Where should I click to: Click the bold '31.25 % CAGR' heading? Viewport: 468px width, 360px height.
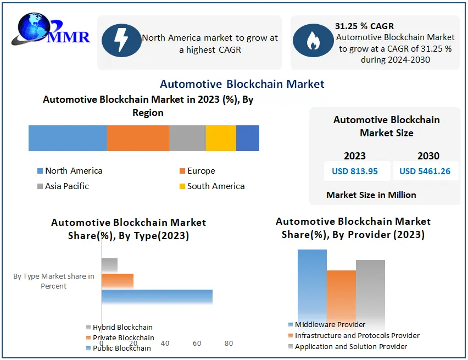pyautogui.click(x=364, y=26)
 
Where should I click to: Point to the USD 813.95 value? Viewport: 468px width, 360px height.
pyautogui.click(x=355, y=171)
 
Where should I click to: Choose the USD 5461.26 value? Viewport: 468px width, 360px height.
pyautogui.click(x=425, y=171)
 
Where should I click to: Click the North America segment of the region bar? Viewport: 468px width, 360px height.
pyautogui.click(x=68, y=138)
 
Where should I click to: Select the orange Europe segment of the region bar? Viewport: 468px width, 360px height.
pyautogui.click(x=138, y=138)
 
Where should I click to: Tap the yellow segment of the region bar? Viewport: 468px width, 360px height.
pyautogui.click(x=221, y=138)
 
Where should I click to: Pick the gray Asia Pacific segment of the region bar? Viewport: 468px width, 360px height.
pyautogui.click(x=187, y=138)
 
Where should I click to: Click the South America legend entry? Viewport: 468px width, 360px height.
pyautogui.click(x=215, y=186)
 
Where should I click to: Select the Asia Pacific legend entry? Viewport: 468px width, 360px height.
pyautogui.click(x=66, y=186)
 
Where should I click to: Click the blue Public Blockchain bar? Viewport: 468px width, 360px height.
pyautogui.click(x=157, y=297)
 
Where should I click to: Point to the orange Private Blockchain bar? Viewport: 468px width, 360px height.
pyautogui.click(x=117, y=281)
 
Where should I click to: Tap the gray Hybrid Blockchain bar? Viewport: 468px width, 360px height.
pyautogui.click(x=109, y=265)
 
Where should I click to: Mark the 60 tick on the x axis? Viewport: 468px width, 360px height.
pyautogui.click(x=197, y=344)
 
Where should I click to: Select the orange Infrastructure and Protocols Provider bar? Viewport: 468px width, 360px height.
pyautogui.click(x=341, y=295)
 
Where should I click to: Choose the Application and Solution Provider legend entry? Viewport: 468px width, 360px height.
pyautogui.click(x=350, y=347)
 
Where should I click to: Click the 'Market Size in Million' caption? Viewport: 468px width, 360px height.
pyautogui.click(x=371, y=195)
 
